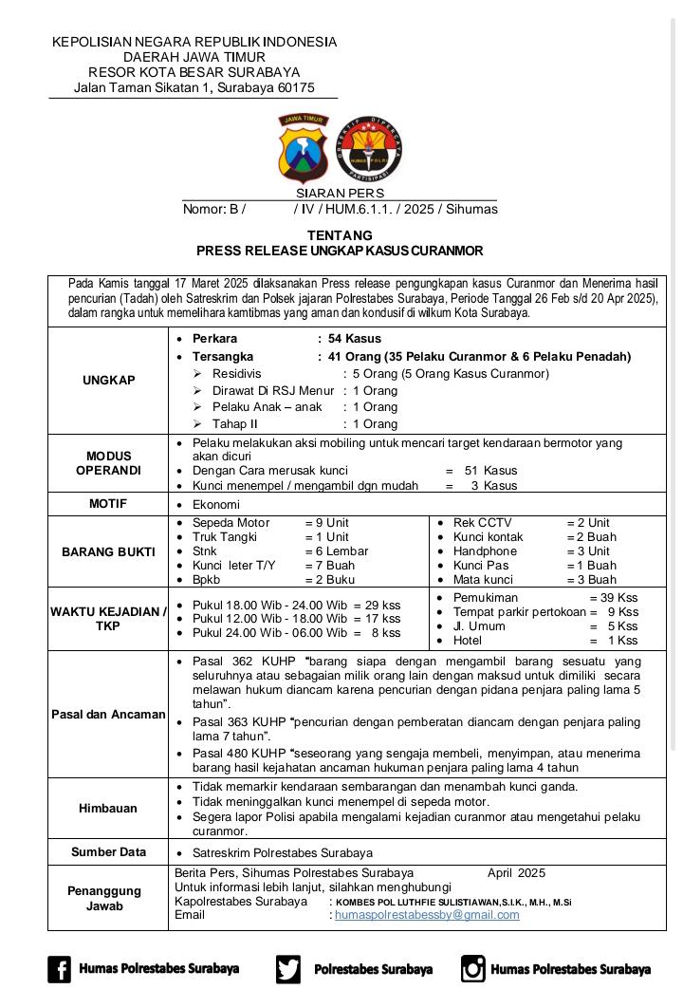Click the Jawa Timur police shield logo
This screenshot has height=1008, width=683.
point(301,147)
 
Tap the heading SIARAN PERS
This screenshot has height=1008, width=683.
point(340,193)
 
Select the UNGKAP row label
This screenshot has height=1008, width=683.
point(108,380)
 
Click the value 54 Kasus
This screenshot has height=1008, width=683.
point(355,338)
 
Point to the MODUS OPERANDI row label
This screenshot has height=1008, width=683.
point(108,463)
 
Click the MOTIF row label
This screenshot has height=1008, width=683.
point(108,504)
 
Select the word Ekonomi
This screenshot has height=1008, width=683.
point(216,505)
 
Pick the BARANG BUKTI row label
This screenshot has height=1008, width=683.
point(108,551)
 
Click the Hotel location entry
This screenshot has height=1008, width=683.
point(469,641)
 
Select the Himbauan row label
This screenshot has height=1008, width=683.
point(108,809)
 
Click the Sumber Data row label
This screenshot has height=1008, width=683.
point(108,852)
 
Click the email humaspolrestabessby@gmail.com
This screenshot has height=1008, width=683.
point(427,915)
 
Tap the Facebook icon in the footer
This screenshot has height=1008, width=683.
point(59,969)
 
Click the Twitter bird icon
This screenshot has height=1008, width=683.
point(288,969)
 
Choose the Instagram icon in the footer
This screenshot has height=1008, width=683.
point(472,969)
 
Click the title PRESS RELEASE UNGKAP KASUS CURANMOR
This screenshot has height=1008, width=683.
point(340,252)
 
